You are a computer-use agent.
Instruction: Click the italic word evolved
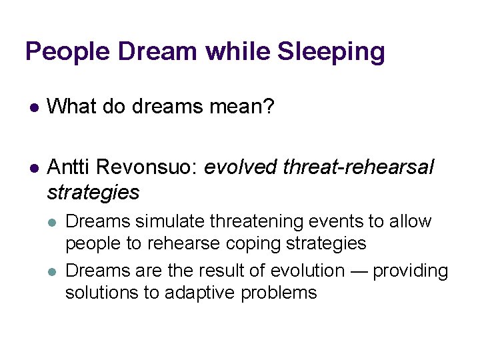click(241, 167)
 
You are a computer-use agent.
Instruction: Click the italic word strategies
click(93, 193)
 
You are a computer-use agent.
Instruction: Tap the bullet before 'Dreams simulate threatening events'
click(53, 222)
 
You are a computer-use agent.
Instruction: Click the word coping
click(242, 243)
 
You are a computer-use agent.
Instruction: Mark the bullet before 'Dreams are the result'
click(53, 271)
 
